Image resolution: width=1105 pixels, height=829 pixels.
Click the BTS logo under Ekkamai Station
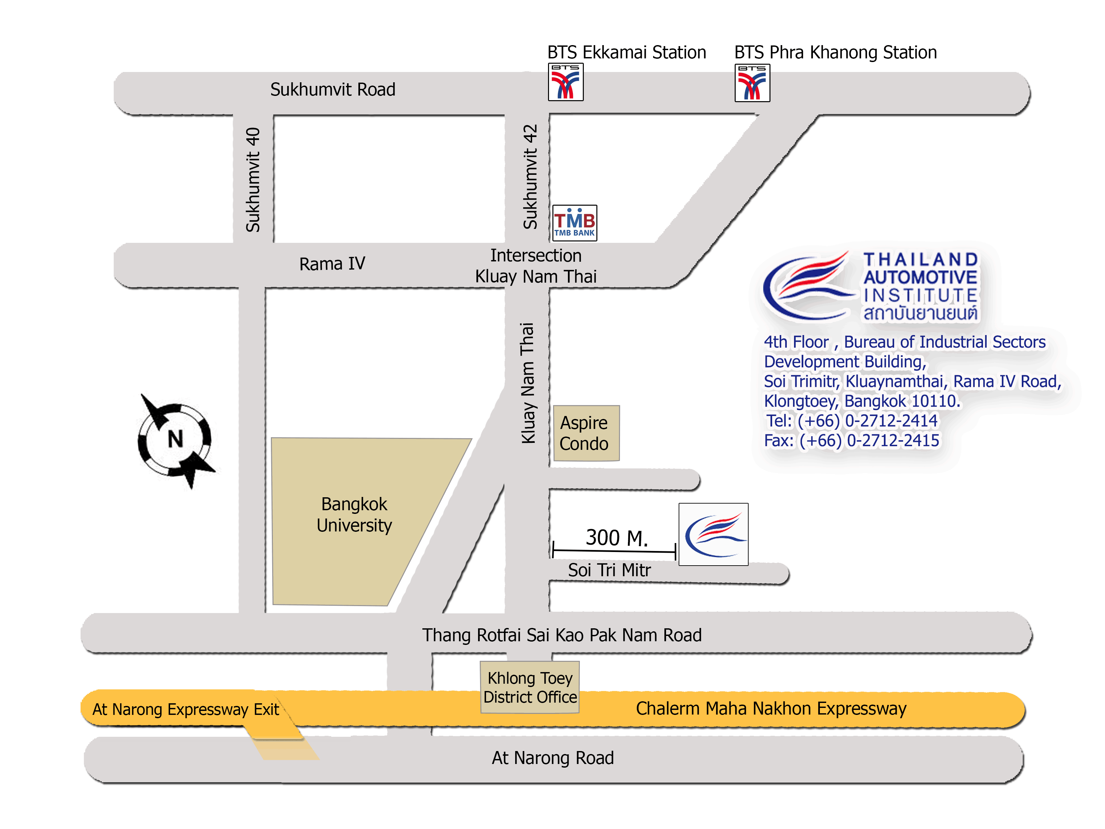(x=566, y=82)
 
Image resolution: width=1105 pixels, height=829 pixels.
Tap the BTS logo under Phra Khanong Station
(x=752, y=83)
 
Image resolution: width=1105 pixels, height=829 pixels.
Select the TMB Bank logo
(x=575, y=223)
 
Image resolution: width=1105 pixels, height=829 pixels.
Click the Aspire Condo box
(x=586, y=433)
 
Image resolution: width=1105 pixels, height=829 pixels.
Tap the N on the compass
(x=175, y=439)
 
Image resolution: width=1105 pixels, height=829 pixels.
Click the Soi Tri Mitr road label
(x=609, y=570)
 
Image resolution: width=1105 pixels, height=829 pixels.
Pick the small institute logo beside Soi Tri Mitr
(x=713, y=534)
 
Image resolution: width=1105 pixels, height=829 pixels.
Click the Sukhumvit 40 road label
(x=253, y=180)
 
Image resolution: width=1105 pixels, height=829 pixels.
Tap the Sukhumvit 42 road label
(x=530, y=177)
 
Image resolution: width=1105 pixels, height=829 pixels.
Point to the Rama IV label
(x=332, y=263)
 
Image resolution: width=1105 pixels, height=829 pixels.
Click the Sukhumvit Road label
(x=333, y=90)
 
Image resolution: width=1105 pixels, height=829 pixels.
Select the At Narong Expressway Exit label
(x=186, y=710)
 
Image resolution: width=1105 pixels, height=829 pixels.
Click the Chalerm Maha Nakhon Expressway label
(x=771, y=709)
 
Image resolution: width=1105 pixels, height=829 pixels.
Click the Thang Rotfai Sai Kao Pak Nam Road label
(x=562, y=635)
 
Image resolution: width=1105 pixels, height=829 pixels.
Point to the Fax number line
(x=852, y=440)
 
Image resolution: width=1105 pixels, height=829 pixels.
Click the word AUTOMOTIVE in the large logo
(x=920, y=277)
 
